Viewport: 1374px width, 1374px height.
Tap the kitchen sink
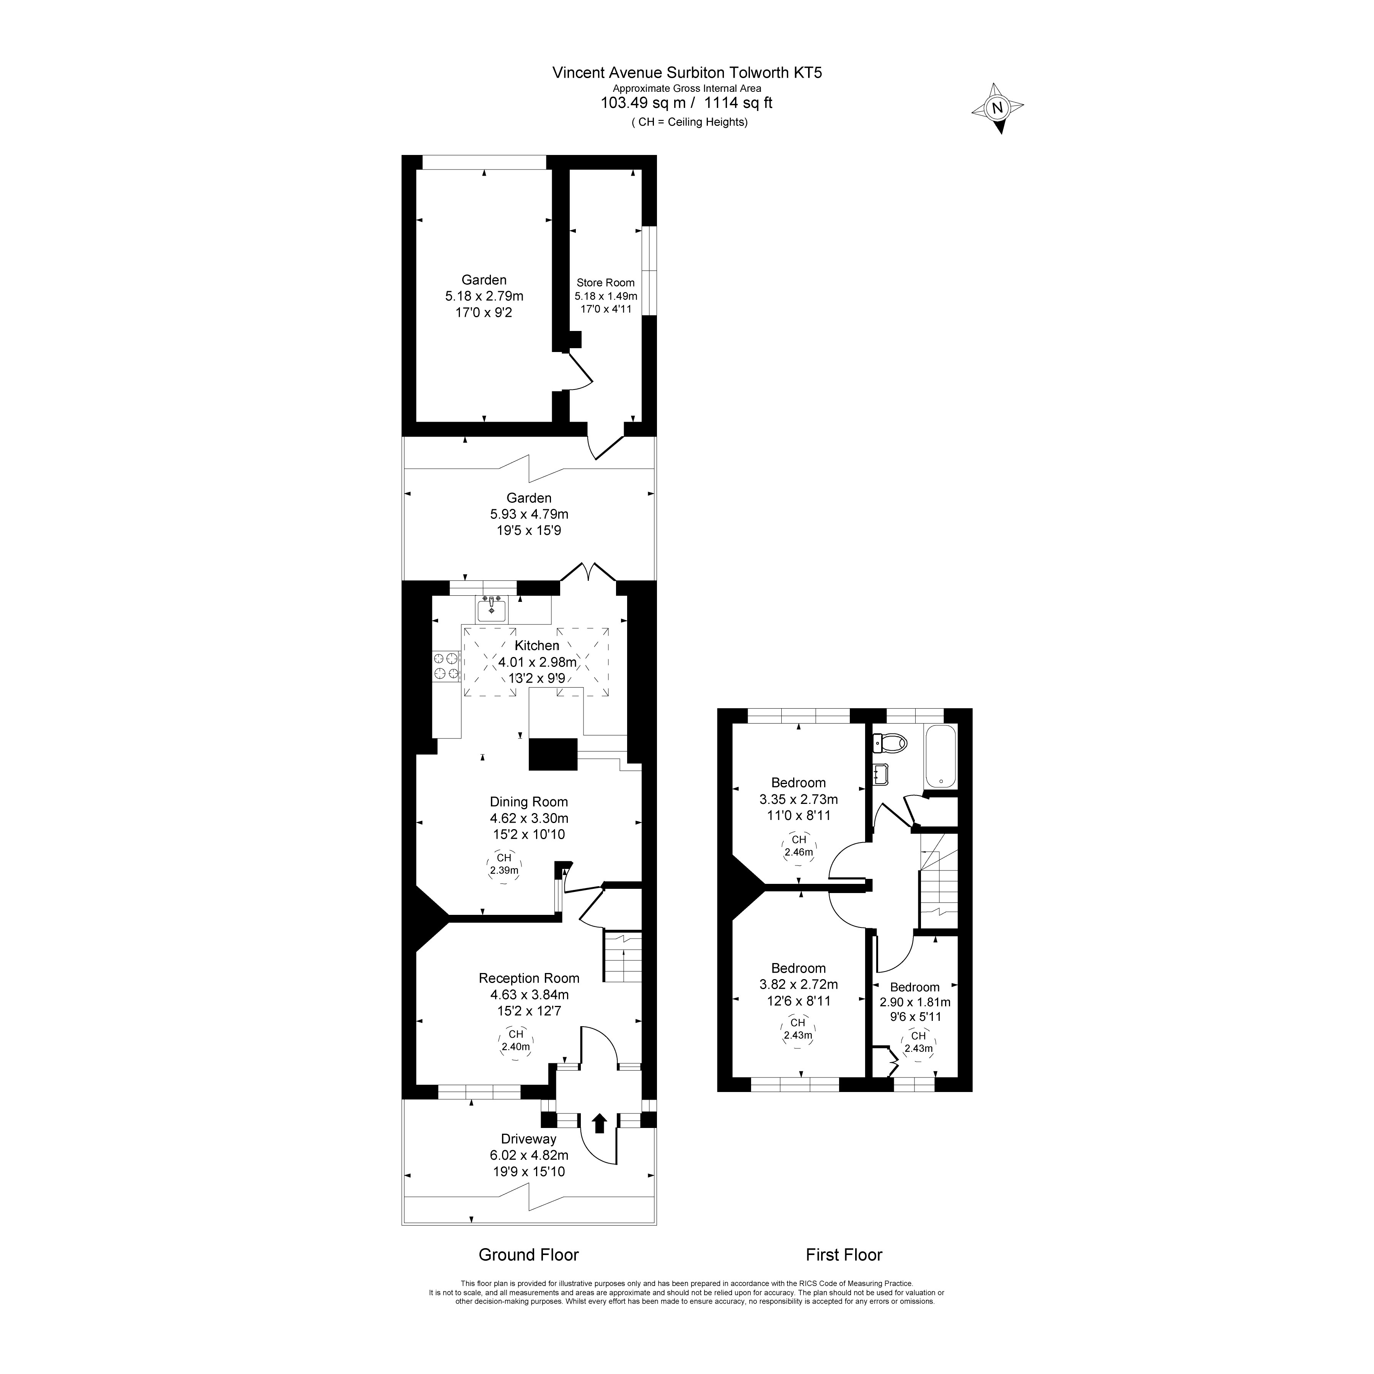point(491,610)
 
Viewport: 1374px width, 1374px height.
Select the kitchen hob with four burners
point(446,667)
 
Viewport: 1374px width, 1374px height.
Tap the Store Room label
point(605,282)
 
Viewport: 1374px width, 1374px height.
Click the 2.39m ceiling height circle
point(504,864)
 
